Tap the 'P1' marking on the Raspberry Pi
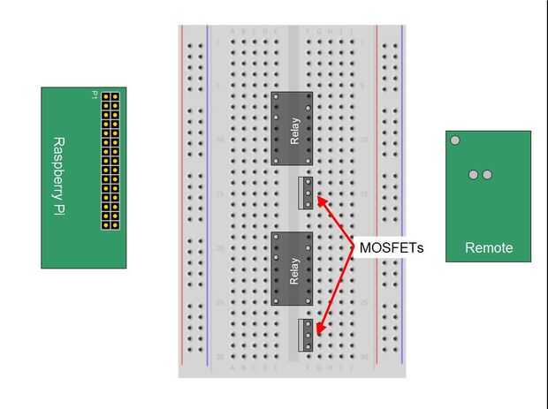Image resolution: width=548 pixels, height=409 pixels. (x=95, y=95)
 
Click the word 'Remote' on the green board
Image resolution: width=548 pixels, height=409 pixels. (x=488, y=248)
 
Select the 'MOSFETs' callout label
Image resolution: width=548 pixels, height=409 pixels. (x=391, y=248)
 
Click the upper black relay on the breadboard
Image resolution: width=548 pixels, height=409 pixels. (x=292, y=128)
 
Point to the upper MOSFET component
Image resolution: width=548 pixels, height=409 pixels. (x=306, y=193)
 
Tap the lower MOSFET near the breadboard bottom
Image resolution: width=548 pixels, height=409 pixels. (x=306, y=335)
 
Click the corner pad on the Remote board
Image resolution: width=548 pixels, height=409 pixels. (x=455, y=140)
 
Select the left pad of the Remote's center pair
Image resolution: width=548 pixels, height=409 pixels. (x=474, y=175)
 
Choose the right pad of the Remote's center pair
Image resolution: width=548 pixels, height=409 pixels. (x=487, y=175)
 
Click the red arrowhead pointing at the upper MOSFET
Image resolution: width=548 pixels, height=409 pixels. (x=321, y=200)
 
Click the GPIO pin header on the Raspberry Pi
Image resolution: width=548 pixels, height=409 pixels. (x=110, y=160)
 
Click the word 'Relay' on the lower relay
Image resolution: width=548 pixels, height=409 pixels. (x=294, y=269)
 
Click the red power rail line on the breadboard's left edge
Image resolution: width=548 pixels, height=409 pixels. (x=181, y=194)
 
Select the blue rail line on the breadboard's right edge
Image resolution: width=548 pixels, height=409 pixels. (x=402, y=194)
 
